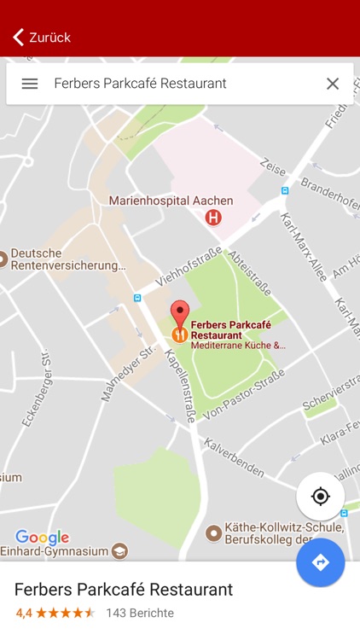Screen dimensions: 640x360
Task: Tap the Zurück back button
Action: [41, 37]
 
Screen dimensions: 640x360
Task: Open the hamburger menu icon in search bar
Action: [30, 84]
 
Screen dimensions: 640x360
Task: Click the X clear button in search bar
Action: [333, 84]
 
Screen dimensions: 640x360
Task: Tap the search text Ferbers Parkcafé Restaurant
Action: [140, 84]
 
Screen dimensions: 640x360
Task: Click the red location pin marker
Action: [179, 313]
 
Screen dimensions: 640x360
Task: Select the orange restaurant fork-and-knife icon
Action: [179, 335]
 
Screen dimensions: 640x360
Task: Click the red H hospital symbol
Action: [213, 218]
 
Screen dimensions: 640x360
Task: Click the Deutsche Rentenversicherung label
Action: [64, 259]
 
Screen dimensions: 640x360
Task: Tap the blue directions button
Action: [321, 562]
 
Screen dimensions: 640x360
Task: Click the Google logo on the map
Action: [42, 538]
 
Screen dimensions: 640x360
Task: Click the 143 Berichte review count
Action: [140, 613]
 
